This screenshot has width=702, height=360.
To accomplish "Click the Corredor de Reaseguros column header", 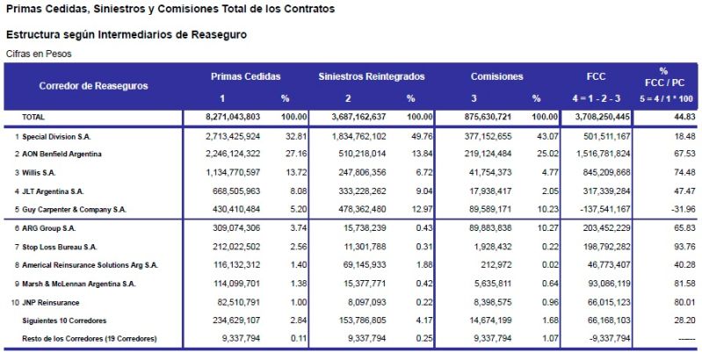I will pos(93,86).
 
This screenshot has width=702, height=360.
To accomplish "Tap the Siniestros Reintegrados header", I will pos(372,76).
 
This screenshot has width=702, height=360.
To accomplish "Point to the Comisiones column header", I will pos(497,76).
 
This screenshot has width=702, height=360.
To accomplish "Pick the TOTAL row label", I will pos(33,117).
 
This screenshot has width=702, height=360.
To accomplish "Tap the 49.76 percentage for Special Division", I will pos(419,137).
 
